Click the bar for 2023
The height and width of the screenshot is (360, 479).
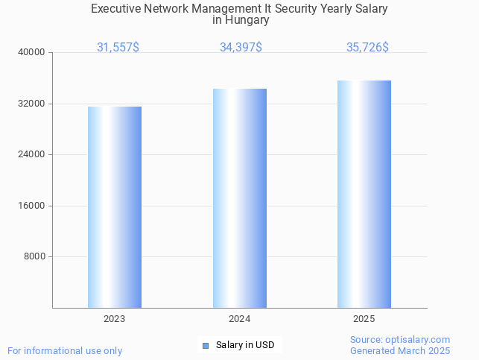pyautogui.click(x=115, y=207)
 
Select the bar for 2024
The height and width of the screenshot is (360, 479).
pyautogui.click(x=240, y=198)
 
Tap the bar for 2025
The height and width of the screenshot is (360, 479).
pyautogui.click(x=364, y=194)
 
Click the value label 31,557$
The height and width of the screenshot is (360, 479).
pyautogui.click(x=118, y=47)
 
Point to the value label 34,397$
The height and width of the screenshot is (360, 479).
pyautogui.click(x=241, y=47)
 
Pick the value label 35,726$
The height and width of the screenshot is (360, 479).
pyautogui.click(x=367, y=47)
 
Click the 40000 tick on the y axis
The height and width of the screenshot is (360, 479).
pyautogui.click(x=33, y=52)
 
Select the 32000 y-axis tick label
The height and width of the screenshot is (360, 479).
pyautogui.click(x=33, y=104)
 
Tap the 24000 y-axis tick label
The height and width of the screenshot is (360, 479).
pyautogui.click(x=33, y=154)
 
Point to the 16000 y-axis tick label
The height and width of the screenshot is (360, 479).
pyautogui.click(x=33, y=206)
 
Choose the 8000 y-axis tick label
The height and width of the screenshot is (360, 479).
pyautogui.click(x=35, y=256)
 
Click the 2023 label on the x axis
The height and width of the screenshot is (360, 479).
pyautogui.click(x=115, y=319)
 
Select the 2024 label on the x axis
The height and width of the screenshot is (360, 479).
pyautogui.click(x=240, y=319)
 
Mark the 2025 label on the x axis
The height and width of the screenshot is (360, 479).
pyautogui.click(x=364, y=319)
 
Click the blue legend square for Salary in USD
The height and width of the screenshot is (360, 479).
pyautogui.click(x=206, y=345)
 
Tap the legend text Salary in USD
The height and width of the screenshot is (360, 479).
pyautogui.click(x=245, y=345)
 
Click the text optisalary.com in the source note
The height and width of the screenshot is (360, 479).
pyautogui.click(x=419, y=340)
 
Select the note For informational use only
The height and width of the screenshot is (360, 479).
pyautogui.click(x=65, y=350)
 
